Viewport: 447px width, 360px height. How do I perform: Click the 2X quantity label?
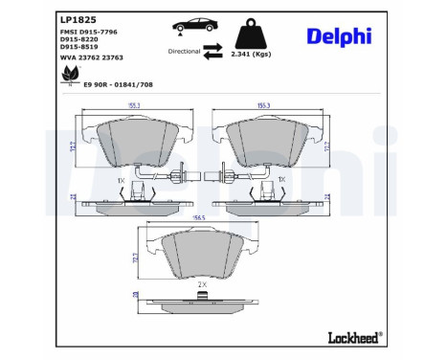(201, 285)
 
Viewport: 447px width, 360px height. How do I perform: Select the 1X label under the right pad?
(281, 179)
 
